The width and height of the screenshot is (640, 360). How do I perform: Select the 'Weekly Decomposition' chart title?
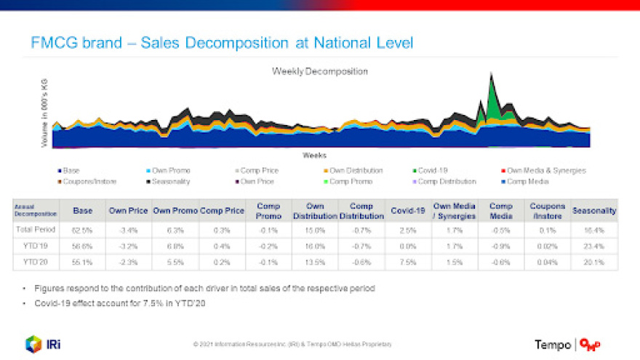pos(320,71)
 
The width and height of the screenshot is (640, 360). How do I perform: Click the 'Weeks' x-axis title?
pos(314,155)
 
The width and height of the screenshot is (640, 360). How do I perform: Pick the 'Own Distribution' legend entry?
pos(356,170)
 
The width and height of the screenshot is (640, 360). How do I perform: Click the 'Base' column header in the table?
pos(82,211)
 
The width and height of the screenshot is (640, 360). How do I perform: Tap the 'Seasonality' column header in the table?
pos(594,211)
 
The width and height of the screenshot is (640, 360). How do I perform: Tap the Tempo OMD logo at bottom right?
pos(568,344)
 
